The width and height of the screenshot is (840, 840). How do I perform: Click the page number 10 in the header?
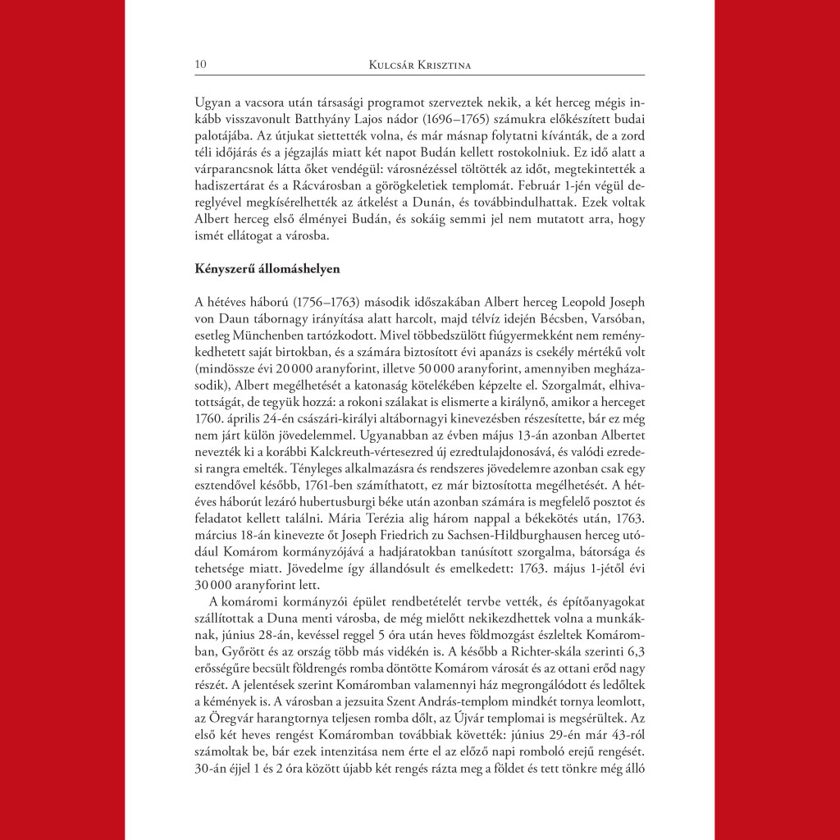199,64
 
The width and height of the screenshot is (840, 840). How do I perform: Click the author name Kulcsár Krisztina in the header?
420,64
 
